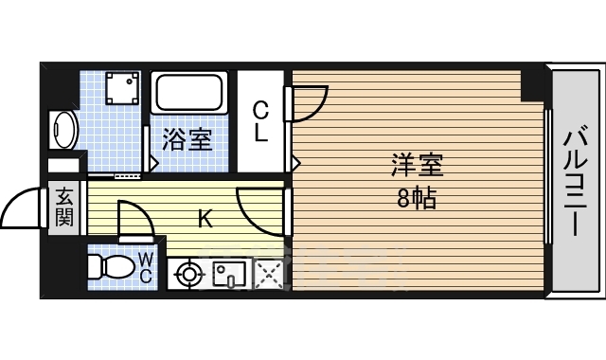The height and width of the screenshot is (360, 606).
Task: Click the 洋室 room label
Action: coord(417,165)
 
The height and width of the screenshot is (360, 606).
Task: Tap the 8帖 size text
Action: coord(417,198)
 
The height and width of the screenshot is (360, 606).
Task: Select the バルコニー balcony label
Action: coord(575,180)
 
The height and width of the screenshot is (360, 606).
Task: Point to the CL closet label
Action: coord(261,121)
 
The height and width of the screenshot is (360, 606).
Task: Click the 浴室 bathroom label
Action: coord(187,139)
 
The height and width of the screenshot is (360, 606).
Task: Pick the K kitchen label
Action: coord(205,219)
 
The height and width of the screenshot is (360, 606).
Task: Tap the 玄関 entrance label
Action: coord(63,207)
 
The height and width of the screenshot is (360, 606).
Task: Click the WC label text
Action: coord(145,267)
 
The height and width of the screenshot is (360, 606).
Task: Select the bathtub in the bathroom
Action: coord(189,93)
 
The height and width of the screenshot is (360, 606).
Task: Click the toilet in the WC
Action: coord(111,266)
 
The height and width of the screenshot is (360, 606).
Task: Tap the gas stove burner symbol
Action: coord(188,275)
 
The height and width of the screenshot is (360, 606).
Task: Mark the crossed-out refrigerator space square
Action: coord(269,274)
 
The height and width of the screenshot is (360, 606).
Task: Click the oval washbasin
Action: coord(63,130)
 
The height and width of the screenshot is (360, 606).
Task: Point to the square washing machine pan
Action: coord(122,88)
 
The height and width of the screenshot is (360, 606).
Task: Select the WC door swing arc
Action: coord(145,215)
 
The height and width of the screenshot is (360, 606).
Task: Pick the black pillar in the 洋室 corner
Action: coord(532,85)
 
